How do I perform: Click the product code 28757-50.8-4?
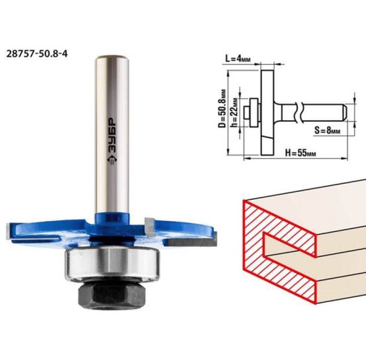coord(37,54)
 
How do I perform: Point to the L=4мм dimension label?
coord(238,59)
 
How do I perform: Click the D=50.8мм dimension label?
coord(222,108)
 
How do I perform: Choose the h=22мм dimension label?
coord(234,112)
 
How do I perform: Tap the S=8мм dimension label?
coord(327,130)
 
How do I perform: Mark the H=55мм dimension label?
coord(300,153)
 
